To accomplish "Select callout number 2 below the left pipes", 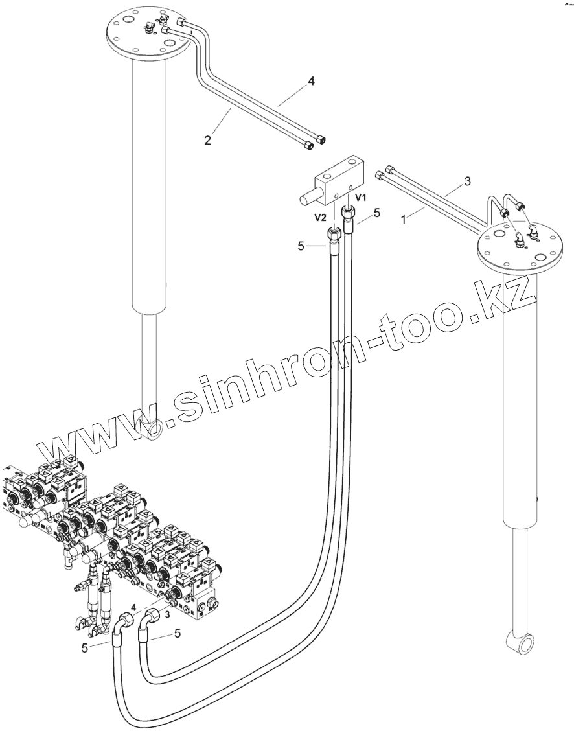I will tap(208, 139).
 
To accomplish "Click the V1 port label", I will tap(360, 196).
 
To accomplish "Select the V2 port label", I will tap(320, 218).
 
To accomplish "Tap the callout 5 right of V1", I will tap(376, 212).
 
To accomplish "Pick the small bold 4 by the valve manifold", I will tap(133, 607).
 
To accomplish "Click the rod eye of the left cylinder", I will tap(155, 430).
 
